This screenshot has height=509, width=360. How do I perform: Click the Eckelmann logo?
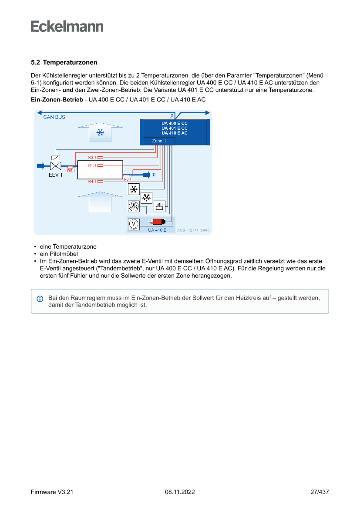pos(67,26)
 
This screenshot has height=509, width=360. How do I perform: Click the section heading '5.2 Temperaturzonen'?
pos(64,63)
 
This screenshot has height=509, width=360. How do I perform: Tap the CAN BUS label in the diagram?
pos(54,117)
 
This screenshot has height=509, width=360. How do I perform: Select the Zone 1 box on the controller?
pos(159,141)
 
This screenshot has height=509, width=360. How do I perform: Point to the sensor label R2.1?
pos(92,157)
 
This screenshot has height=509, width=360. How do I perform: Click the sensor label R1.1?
pos(92,165)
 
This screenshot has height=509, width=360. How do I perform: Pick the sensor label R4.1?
pos(92,181)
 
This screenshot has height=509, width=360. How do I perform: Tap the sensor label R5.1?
pos(71,171)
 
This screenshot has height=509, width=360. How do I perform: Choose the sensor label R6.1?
pos(128,179)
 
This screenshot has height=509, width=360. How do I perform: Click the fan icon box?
pos(134,206)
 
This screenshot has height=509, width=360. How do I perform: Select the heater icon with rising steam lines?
pos(160,206)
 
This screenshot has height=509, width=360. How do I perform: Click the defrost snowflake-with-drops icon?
pos(147,198)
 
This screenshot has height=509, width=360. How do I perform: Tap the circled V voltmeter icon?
pos(134,223)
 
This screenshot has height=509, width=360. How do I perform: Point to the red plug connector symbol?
pos(157,222)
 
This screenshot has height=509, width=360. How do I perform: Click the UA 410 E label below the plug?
pos(157,230)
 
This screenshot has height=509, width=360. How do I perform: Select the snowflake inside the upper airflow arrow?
pos(100,132)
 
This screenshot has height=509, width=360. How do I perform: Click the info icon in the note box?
pos(40,299)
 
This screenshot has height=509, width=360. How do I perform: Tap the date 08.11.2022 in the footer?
pos(180,492)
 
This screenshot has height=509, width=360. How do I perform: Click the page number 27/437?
pos(320,492)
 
